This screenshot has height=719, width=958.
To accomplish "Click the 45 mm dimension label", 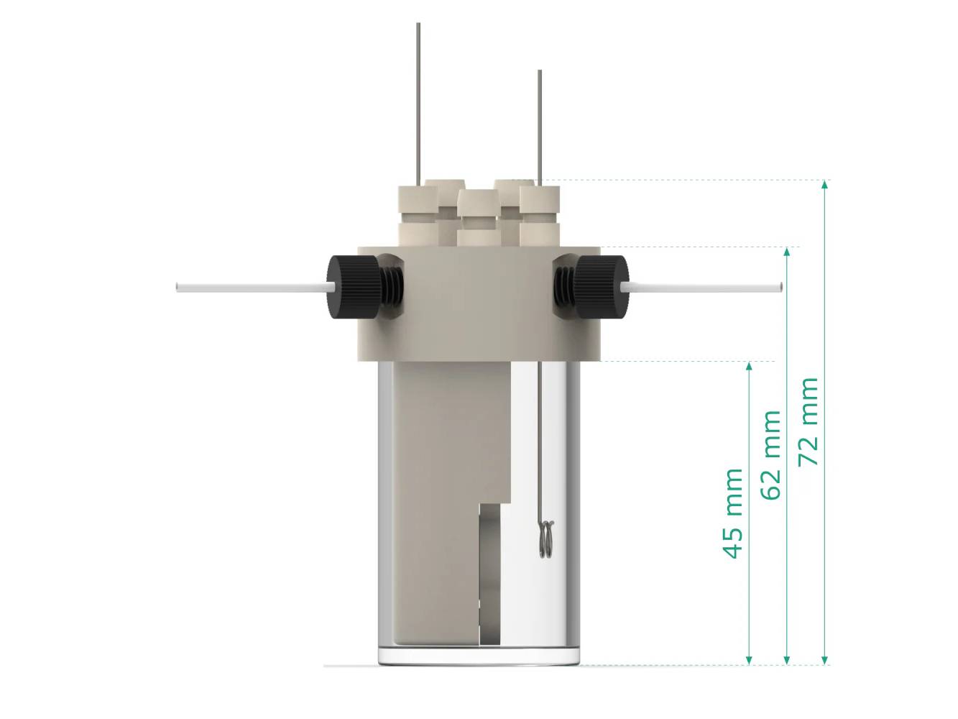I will [733, 513].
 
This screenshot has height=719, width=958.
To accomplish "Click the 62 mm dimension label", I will [771, 455].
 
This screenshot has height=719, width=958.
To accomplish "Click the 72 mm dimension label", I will [809, 421].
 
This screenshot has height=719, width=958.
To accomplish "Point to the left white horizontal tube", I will [252, 288].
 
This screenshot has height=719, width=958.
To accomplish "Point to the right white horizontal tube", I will [704, 288].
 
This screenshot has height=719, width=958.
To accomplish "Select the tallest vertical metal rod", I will [418, 101].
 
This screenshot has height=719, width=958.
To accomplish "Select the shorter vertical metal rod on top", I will [539, 122].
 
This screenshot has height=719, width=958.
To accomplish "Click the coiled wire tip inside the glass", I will [546, 538].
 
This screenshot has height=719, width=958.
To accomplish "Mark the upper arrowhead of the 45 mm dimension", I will [749, 367].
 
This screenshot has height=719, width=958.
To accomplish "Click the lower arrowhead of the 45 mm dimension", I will [749, 659].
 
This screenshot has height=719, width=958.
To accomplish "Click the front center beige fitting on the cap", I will [478, 216].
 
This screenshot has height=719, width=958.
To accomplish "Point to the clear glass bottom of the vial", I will [479, 655].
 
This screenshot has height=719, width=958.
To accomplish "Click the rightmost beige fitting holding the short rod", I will [540, 212].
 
